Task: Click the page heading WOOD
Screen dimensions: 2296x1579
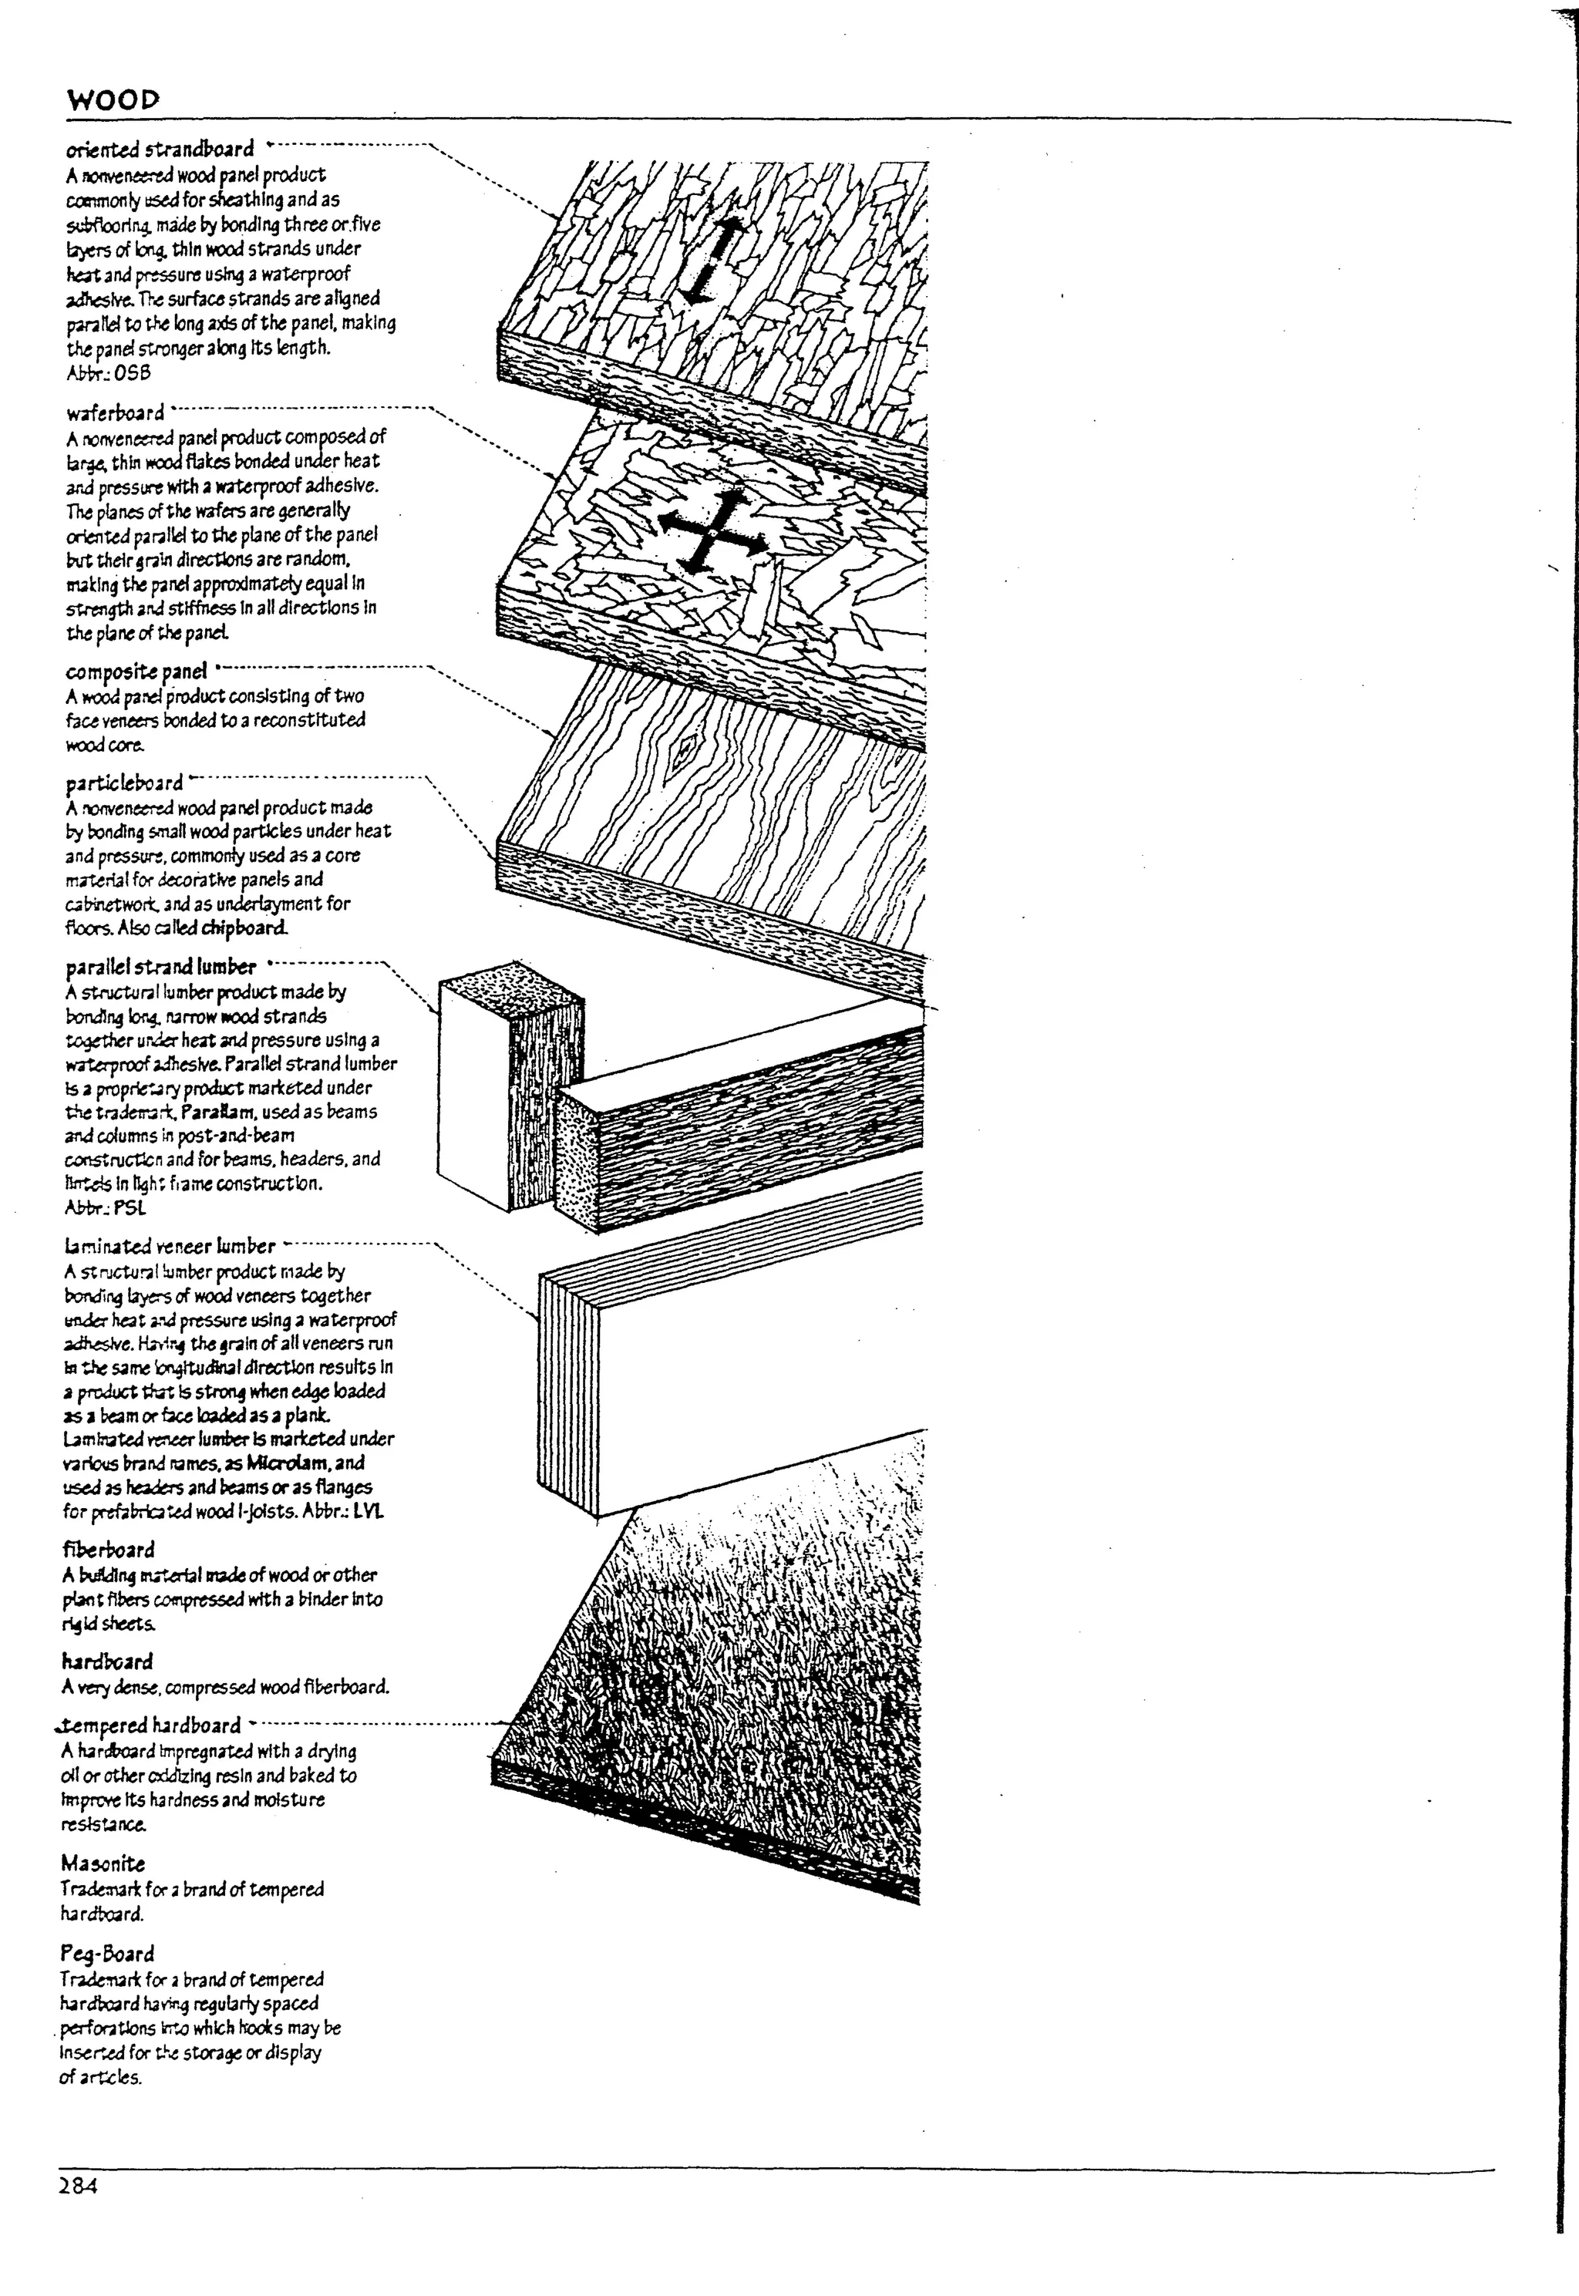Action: [x=112, y=100]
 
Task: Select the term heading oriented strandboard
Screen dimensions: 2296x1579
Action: [x=160, y=150]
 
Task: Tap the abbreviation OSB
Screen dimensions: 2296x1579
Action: [x=132, y=373]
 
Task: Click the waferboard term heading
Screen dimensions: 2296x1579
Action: [x=115, y=412]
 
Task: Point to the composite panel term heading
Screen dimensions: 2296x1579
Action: [x=136, y=672]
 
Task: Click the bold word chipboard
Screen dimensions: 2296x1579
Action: [x=244, y=928]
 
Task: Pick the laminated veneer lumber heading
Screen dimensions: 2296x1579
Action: [x=169, y=1247]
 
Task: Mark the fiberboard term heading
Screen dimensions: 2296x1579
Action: [x=109, y=1550]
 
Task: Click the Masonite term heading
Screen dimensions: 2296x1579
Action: [x=102, y=1865]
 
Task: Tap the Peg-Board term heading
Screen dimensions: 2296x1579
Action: [x=107, y=1954]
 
